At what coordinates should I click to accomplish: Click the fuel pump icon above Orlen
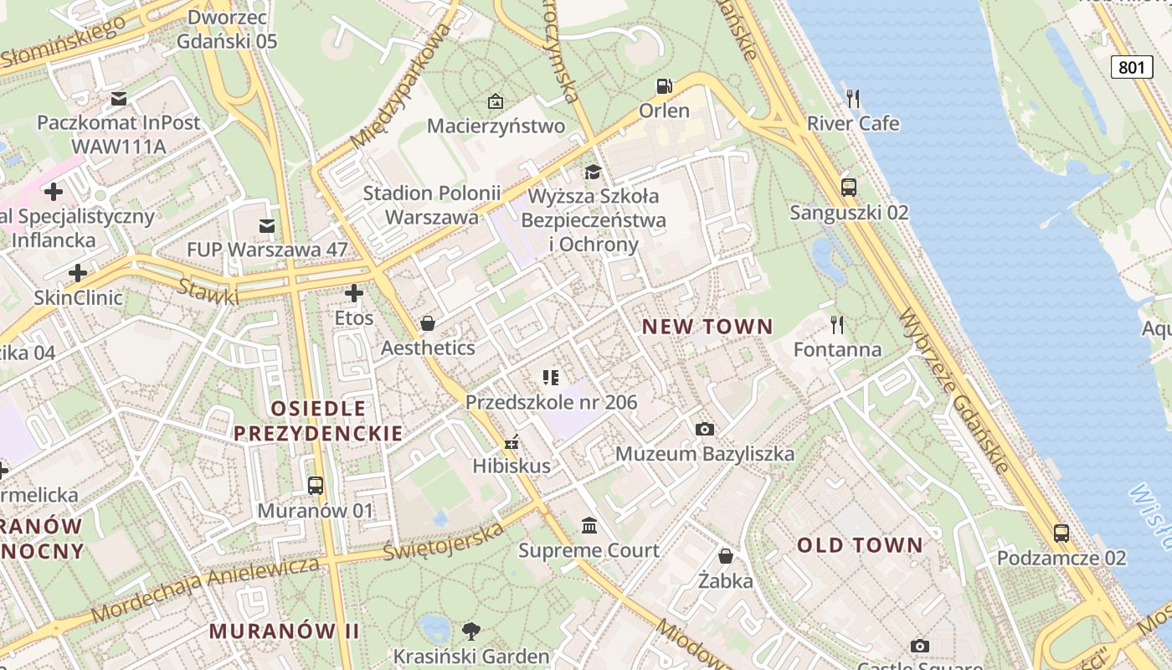pyautogui.click(x=664, y=86)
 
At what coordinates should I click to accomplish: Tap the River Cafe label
pyautogui.click(x=852, y=123)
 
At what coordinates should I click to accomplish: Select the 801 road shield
pyautogui.click(x=1132, y=67)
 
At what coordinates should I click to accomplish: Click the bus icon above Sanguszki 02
pyautogui.click(x=848, y=188)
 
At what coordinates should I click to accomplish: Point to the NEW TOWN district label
pyautogui.click(x=707, y=327)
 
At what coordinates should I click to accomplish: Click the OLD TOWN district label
pyautogui.click(x=860, y=545)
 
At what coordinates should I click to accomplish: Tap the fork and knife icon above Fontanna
pyautogui.click(x=836, y=324)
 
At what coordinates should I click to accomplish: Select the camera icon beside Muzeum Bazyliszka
pyautogui.click(x=705, y=429)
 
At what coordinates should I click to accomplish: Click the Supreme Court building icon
pyautogui.click(x=589, y=526)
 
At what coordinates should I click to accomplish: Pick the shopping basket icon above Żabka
pyautogui.click(x=726, y=556)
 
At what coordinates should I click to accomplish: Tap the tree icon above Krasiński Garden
pyautogui.click(x=471, y=631)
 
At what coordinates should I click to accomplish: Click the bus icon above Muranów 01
pyautogui.click(x=315, y=485)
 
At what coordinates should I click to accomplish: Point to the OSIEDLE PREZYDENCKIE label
pyautogui.click(x=318, y=420)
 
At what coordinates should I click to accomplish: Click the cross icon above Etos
pyautogui.click(x=354, y=293)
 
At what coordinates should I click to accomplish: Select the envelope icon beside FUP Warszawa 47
pyautogui.click(x=267, y=225)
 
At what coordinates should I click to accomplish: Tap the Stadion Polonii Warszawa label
pyautogui.click(x=431, y=205)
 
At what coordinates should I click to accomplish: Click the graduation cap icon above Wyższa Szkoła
pyautogui.click(x=593, y=172)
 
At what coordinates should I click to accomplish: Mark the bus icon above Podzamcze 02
pyautogui.click(x=1061, y=533)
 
